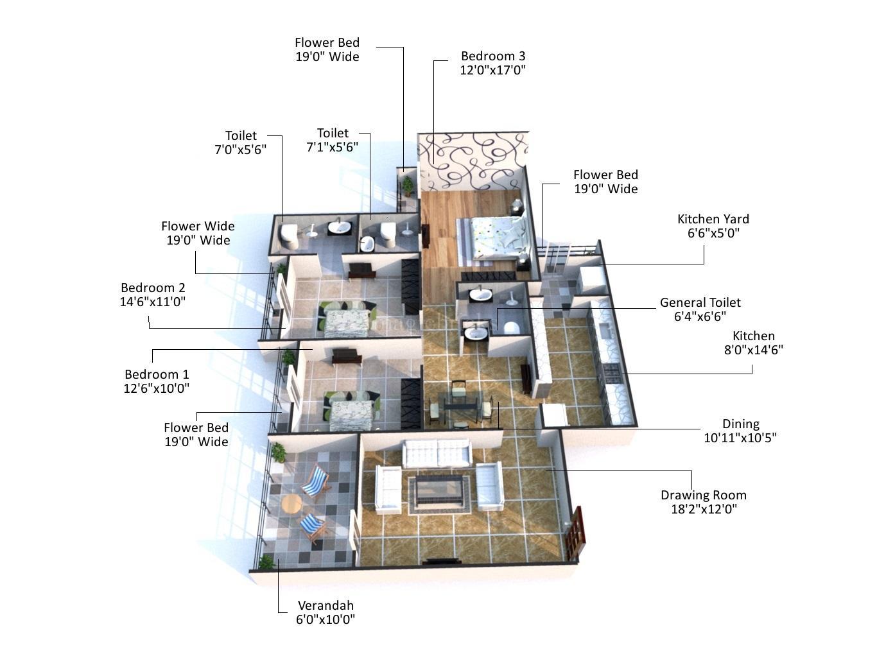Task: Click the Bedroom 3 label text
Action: click(x=492, y=56)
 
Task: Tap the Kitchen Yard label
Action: click(x=713, y=219)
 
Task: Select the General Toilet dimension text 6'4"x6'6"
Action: click(x=700, y=316)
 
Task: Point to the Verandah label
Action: click(x=326, y=605)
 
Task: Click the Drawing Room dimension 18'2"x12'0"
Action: click(x=703, y=509)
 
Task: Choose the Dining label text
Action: click(x=740, y=424)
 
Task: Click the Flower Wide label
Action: click(x=198, y=226)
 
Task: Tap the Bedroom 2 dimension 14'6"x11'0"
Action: click(x=153, y=302)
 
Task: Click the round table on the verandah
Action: click(x=291, y=504)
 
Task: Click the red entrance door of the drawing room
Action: click(x=576, y=531)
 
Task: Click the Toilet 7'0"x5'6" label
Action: click(x=240, y=142)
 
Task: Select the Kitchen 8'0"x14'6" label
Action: click(x=753, y=343)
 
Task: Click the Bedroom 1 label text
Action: click(x=157, y=374)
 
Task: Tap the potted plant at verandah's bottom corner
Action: click(x=266, y=563)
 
